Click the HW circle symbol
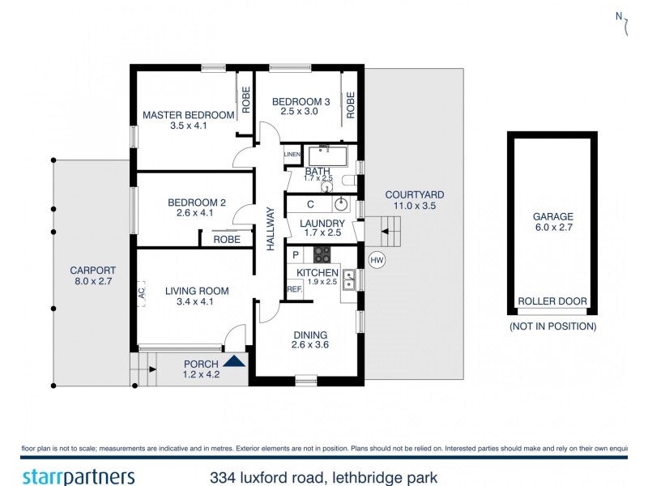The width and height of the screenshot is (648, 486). [376, 260]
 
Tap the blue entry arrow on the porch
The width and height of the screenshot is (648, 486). [235, 362]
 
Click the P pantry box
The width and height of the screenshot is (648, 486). [296, 254]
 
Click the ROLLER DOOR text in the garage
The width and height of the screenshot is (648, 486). [552, 301]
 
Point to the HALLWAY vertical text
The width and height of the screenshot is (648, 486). [271, 228]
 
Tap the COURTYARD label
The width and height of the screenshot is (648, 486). [414, 194]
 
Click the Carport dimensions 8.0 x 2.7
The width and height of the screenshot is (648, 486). [92, 283]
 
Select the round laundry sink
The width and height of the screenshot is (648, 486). [342, 203]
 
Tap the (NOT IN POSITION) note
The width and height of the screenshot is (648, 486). [552, 326]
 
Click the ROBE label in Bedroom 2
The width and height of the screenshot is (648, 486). [226, 240]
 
